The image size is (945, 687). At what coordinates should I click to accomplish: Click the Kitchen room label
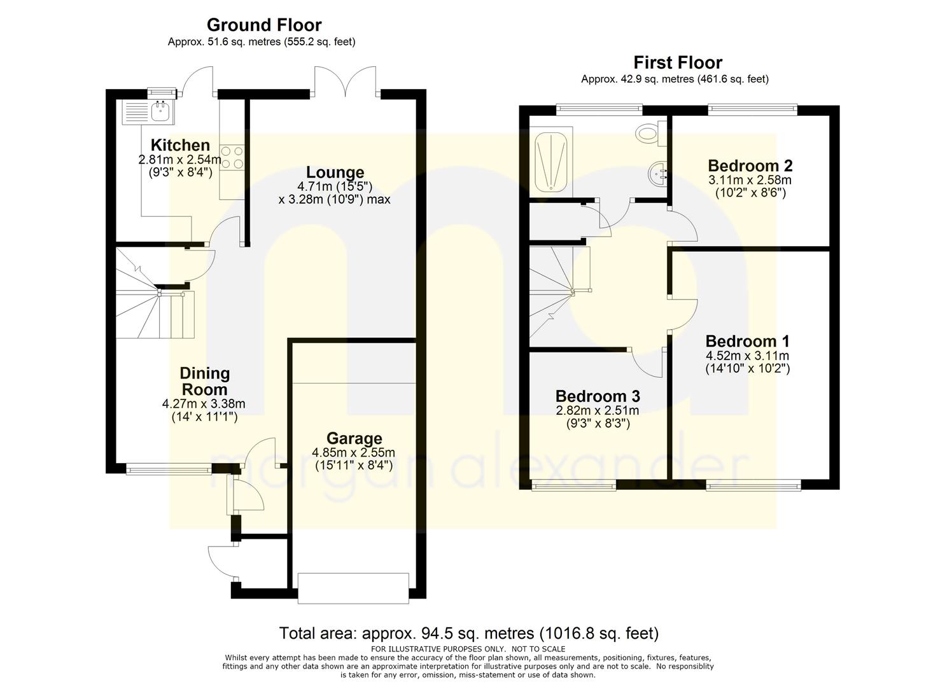click(x=180, y=145)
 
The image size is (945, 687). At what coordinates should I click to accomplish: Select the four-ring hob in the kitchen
click(x=232, y=158)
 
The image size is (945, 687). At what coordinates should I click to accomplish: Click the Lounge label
click(x=335, y=172)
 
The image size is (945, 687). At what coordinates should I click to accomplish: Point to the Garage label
click(x=354, y=438)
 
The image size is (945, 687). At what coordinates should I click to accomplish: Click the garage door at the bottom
click(x=353, y=588)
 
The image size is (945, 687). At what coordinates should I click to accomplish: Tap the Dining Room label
click(x=204, y=381)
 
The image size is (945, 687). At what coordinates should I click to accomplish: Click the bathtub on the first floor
click(x=551, y=162)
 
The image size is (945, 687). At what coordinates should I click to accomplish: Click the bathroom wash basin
click(x=658, y=172)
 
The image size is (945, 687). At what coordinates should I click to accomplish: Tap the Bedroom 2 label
click(x=750, y=166)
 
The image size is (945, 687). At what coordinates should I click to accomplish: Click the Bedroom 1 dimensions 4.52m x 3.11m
click(x=747, y=356)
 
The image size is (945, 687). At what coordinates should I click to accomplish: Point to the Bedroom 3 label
click(x=597, y=396)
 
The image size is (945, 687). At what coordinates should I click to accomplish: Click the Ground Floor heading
click(x=263, y=25)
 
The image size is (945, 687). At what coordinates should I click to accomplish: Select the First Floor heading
click(x=677, y=63)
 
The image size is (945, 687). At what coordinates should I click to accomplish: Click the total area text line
click(x=468, y=634)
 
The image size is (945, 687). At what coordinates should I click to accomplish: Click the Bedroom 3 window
click(x=573, y=487)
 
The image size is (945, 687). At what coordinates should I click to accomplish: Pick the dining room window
click(x=169, y=470)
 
